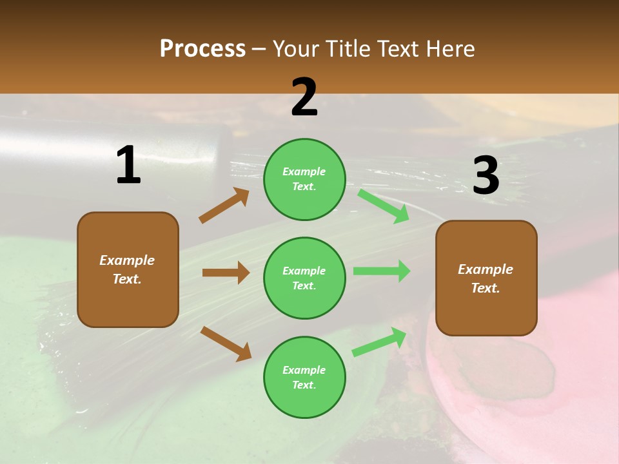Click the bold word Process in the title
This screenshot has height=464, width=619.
pyautogui.click(x=202, y=48)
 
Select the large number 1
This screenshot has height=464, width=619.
pyautogui.click(x=128, y=166)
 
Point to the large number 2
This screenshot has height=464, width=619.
pyautogui.click(x=304, y=97)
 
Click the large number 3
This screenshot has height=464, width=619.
pyautogui.click(x=486, y=176)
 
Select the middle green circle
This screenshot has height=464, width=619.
pyautogui.click(x=304, y=278)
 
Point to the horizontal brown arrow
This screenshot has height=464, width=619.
pyautogui.click(x=226, y=273)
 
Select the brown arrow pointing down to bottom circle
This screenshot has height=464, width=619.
pyautogui.click(x=226, y=343)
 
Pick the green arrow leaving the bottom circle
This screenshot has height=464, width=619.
pyautogui.click(x=380, y=342)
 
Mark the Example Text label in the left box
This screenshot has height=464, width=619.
pyautogui.click(x=127, y=269)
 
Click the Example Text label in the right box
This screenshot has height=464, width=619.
pyautogui.click(x=486, y=278)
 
